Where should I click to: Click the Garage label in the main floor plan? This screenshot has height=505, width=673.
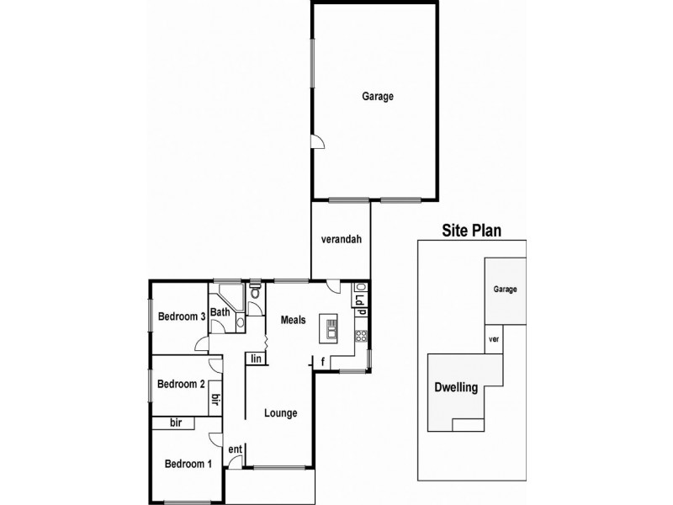378,96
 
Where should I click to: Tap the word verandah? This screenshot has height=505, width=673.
342,239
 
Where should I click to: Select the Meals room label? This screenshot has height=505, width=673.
293,320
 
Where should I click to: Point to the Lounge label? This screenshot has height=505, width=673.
281,413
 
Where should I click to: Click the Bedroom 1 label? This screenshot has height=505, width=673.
188,464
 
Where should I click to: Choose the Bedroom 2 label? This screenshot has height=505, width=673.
181,384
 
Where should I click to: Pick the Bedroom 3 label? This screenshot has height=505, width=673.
182,316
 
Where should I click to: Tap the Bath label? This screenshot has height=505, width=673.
220,312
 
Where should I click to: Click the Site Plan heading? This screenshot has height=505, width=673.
472,231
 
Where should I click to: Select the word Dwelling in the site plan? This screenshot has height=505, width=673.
456,387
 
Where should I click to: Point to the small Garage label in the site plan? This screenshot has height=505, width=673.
506,290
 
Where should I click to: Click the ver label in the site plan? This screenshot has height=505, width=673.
494,339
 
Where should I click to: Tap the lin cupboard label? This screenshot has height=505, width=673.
257,359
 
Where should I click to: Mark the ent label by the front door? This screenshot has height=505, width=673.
236,449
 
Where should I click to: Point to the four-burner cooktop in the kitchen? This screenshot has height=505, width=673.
361,336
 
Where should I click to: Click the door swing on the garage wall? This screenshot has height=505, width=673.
318,141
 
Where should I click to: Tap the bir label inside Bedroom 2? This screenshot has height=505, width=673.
216,399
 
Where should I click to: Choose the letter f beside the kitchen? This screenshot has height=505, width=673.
322,363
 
